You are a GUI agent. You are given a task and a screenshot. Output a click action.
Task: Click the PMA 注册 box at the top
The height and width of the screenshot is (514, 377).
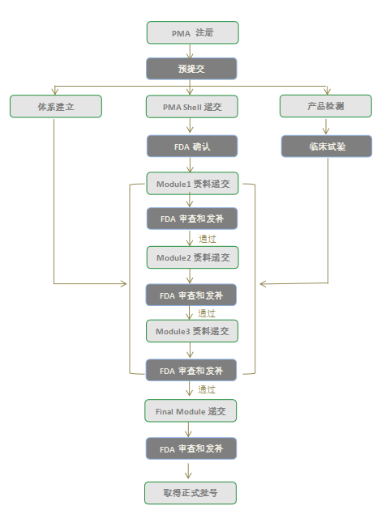click(x=192, y=32)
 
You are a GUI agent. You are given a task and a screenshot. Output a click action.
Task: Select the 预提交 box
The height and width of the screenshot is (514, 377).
click(x=191, y=69)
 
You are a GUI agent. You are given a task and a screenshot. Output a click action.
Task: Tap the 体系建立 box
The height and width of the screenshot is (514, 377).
click(x=56, y=106)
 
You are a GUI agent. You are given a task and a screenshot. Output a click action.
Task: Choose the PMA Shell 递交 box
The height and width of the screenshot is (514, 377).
click(x=191, y=106)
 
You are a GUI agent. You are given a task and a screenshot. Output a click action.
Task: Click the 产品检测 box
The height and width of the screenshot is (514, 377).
click(x=327, y=106)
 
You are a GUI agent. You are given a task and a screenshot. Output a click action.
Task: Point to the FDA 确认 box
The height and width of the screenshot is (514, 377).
click(x=191, y=146)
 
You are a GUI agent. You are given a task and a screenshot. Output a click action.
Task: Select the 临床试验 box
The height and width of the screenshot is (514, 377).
click(x=327, y=146)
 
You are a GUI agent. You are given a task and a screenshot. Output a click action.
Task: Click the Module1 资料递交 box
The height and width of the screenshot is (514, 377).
click(x=192, y=184)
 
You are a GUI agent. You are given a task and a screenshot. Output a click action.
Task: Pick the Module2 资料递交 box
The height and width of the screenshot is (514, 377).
click(x=192, y=257)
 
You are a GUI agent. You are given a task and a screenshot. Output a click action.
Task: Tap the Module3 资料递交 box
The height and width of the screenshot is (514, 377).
click(x=192, y=331)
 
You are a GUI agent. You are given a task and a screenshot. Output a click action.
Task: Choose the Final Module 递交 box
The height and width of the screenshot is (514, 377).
click(x=191, y=411)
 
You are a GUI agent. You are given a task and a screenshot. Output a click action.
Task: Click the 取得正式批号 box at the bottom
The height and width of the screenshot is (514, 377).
click(x=191, y=491)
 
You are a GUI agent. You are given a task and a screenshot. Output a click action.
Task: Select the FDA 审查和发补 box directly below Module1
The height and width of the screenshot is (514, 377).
click(x=191, y=219)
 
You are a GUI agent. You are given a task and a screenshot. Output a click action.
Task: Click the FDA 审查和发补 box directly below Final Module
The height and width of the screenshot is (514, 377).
click(x=191, y=448)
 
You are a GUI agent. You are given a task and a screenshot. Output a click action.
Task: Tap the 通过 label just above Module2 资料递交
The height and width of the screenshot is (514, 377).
click(x=207, y=239)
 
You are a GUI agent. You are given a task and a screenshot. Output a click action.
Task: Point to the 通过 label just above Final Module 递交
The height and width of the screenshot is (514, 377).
click(x=207, y=390)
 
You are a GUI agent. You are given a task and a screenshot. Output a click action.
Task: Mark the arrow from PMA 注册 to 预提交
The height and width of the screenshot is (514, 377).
click(x=191, y=51)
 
